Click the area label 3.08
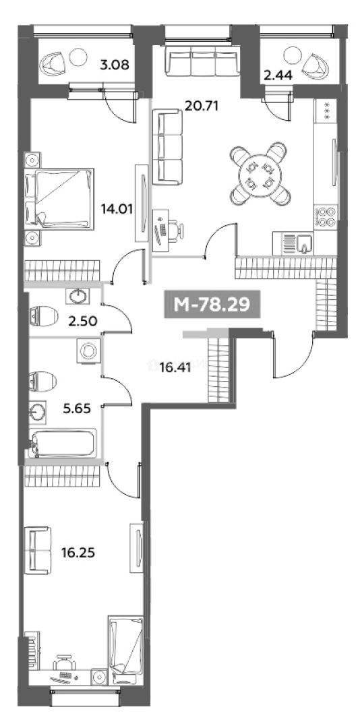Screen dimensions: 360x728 click(x=115, y=63)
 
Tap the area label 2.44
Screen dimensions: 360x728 click(x=278, y=75)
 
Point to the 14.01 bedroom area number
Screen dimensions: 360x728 click(x=117, y=209)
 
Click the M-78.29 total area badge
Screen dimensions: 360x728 click(x=212, y=305)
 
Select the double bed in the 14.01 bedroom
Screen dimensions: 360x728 click(x=60, y=199)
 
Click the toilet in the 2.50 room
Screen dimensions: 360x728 click(x=43, y=316)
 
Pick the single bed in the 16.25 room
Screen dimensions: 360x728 click(x=123, y=650)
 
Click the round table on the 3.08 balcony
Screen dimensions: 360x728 click(x=78, y=57)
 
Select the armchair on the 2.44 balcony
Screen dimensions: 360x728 click(x=316, y=65)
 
